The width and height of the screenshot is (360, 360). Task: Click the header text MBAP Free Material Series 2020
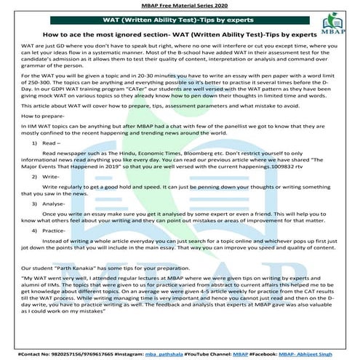pyautogui.click(x=180, y=5)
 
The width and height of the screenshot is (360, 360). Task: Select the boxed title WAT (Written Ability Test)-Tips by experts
pyautogui.click(x=180, y=20)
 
